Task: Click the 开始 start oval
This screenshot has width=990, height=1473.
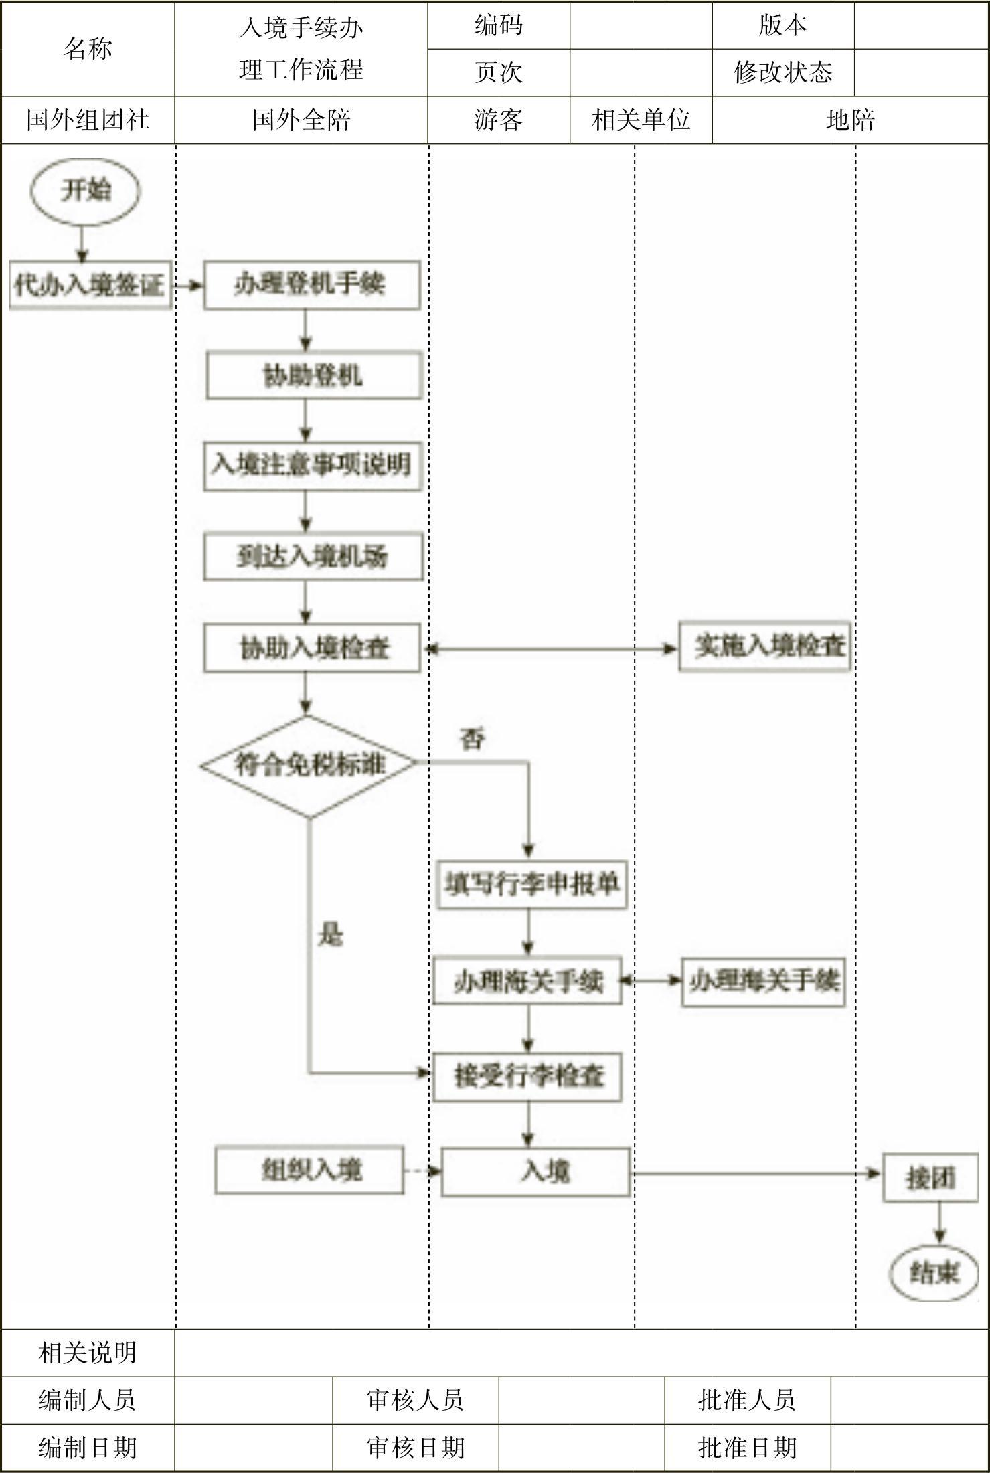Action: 85,191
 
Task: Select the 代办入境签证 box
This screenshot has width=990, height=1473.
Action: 90,286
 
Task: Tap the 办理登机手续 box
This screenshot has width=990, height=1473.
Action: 311,285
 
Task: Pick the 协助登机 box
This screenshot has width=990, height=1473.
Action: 313,375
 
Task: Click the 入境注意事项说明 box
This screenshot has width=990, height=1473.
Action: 312,465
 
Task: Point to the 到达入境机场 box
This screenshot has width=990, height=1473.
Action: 313,556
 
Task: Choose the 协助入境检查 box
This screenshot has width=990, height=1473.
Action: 312,648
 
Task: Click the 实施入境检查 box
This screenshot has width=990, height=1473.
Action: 764,646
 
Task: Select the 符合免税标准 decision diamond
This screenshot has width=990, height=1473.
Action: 309,765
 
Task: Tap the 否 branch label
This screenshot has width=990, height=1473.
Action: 473,739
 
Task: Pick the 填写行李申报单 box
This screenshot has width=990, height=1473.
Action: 531,885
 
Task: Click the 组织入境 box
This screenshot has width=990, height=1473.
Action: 309,1170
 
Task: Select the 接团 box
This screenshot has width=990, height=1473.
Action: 930,1178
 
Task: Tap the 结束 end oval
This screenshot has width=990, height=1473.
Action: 934,1272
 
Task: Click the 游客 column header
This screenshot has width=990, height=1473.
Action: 499,120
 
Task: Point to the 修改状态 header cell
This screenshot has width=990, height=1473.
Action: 782,72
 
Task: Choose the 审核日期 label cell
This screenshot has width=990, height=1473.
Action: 415,1448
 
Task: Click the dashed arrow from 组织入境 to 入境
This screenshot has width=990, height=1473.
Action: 422,1171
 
